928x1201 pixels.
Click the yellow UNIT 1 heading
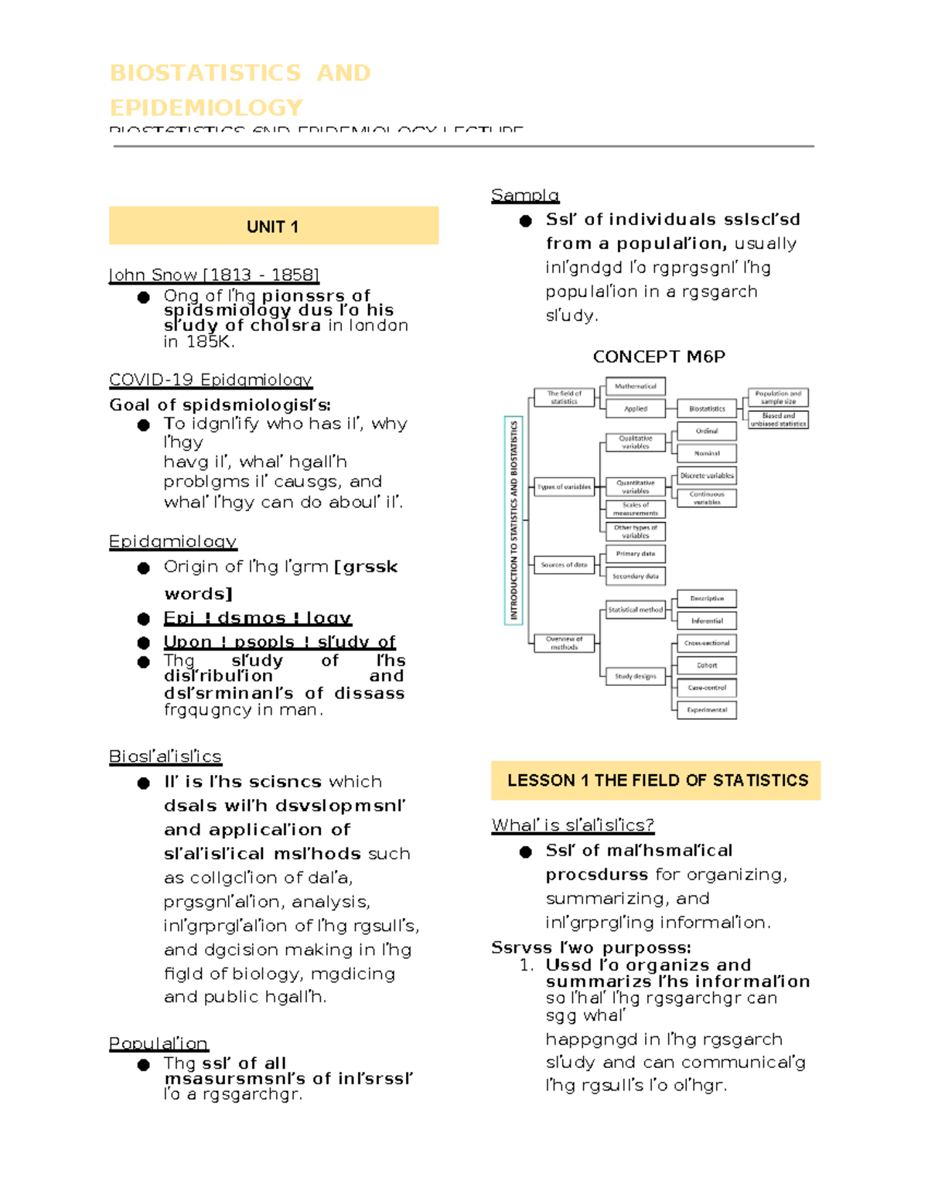272,227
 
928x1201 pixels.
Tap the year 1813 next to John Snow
230,275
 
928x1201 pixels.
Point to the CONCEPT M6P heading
659,357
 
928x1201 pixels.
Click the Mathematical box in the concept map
635,386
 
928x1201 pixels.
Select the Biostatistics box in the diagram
707,408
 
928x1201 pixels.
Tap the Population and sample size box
778,397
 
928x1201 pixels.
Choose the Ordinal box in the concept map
707,431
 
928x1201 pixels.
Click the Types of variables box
565,487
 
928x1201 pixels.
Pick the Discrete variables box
707,476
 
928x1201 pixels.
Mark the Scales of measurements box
635,509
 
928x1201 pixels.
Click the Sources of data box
565,565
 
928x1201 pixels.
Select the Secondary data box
635,576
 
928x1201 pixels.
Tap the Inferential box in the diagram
707,620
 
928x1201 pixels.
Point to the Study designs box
635,676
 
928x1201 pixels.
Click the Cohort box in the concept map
707,665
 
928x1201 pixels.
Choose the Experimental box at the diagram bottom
707,709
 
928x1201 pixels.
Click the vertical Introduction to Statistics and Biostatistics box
513,520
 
